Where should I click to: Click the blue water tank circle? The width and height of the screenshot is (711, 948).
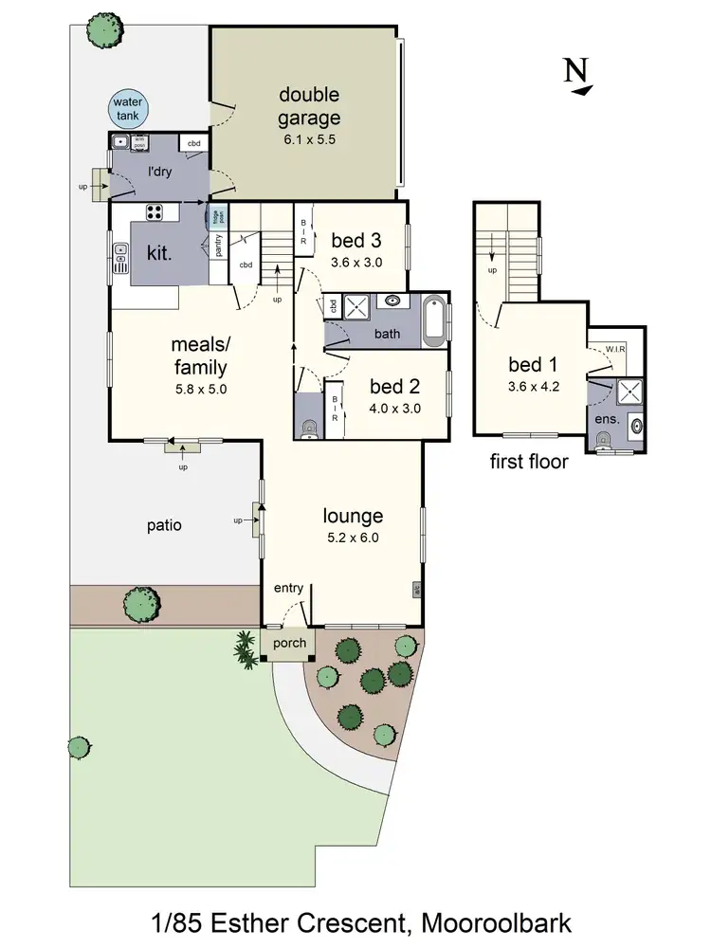[126, 109]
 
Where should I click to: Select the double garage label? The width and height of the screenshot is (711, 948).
[309, 106]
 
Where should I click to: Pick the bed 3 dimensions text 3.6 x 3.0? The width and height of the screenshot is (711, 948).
[355, 263]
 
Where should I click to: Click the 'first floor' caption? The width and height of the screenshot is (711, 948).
[529, 463]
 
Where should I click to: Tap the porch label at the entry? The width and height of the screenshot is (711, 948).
[289, 643]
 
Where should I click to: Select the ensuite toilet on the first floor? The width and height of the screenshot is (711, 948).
[604, 437]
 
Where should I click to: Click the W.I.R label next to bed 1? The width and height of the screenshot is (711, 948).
[616, 350]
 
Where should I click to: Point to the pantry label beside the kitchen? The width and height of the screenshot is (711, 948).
[219, 246]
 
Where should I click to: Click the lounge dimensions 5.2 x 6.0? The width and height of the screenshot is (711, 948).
[353, 538]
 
